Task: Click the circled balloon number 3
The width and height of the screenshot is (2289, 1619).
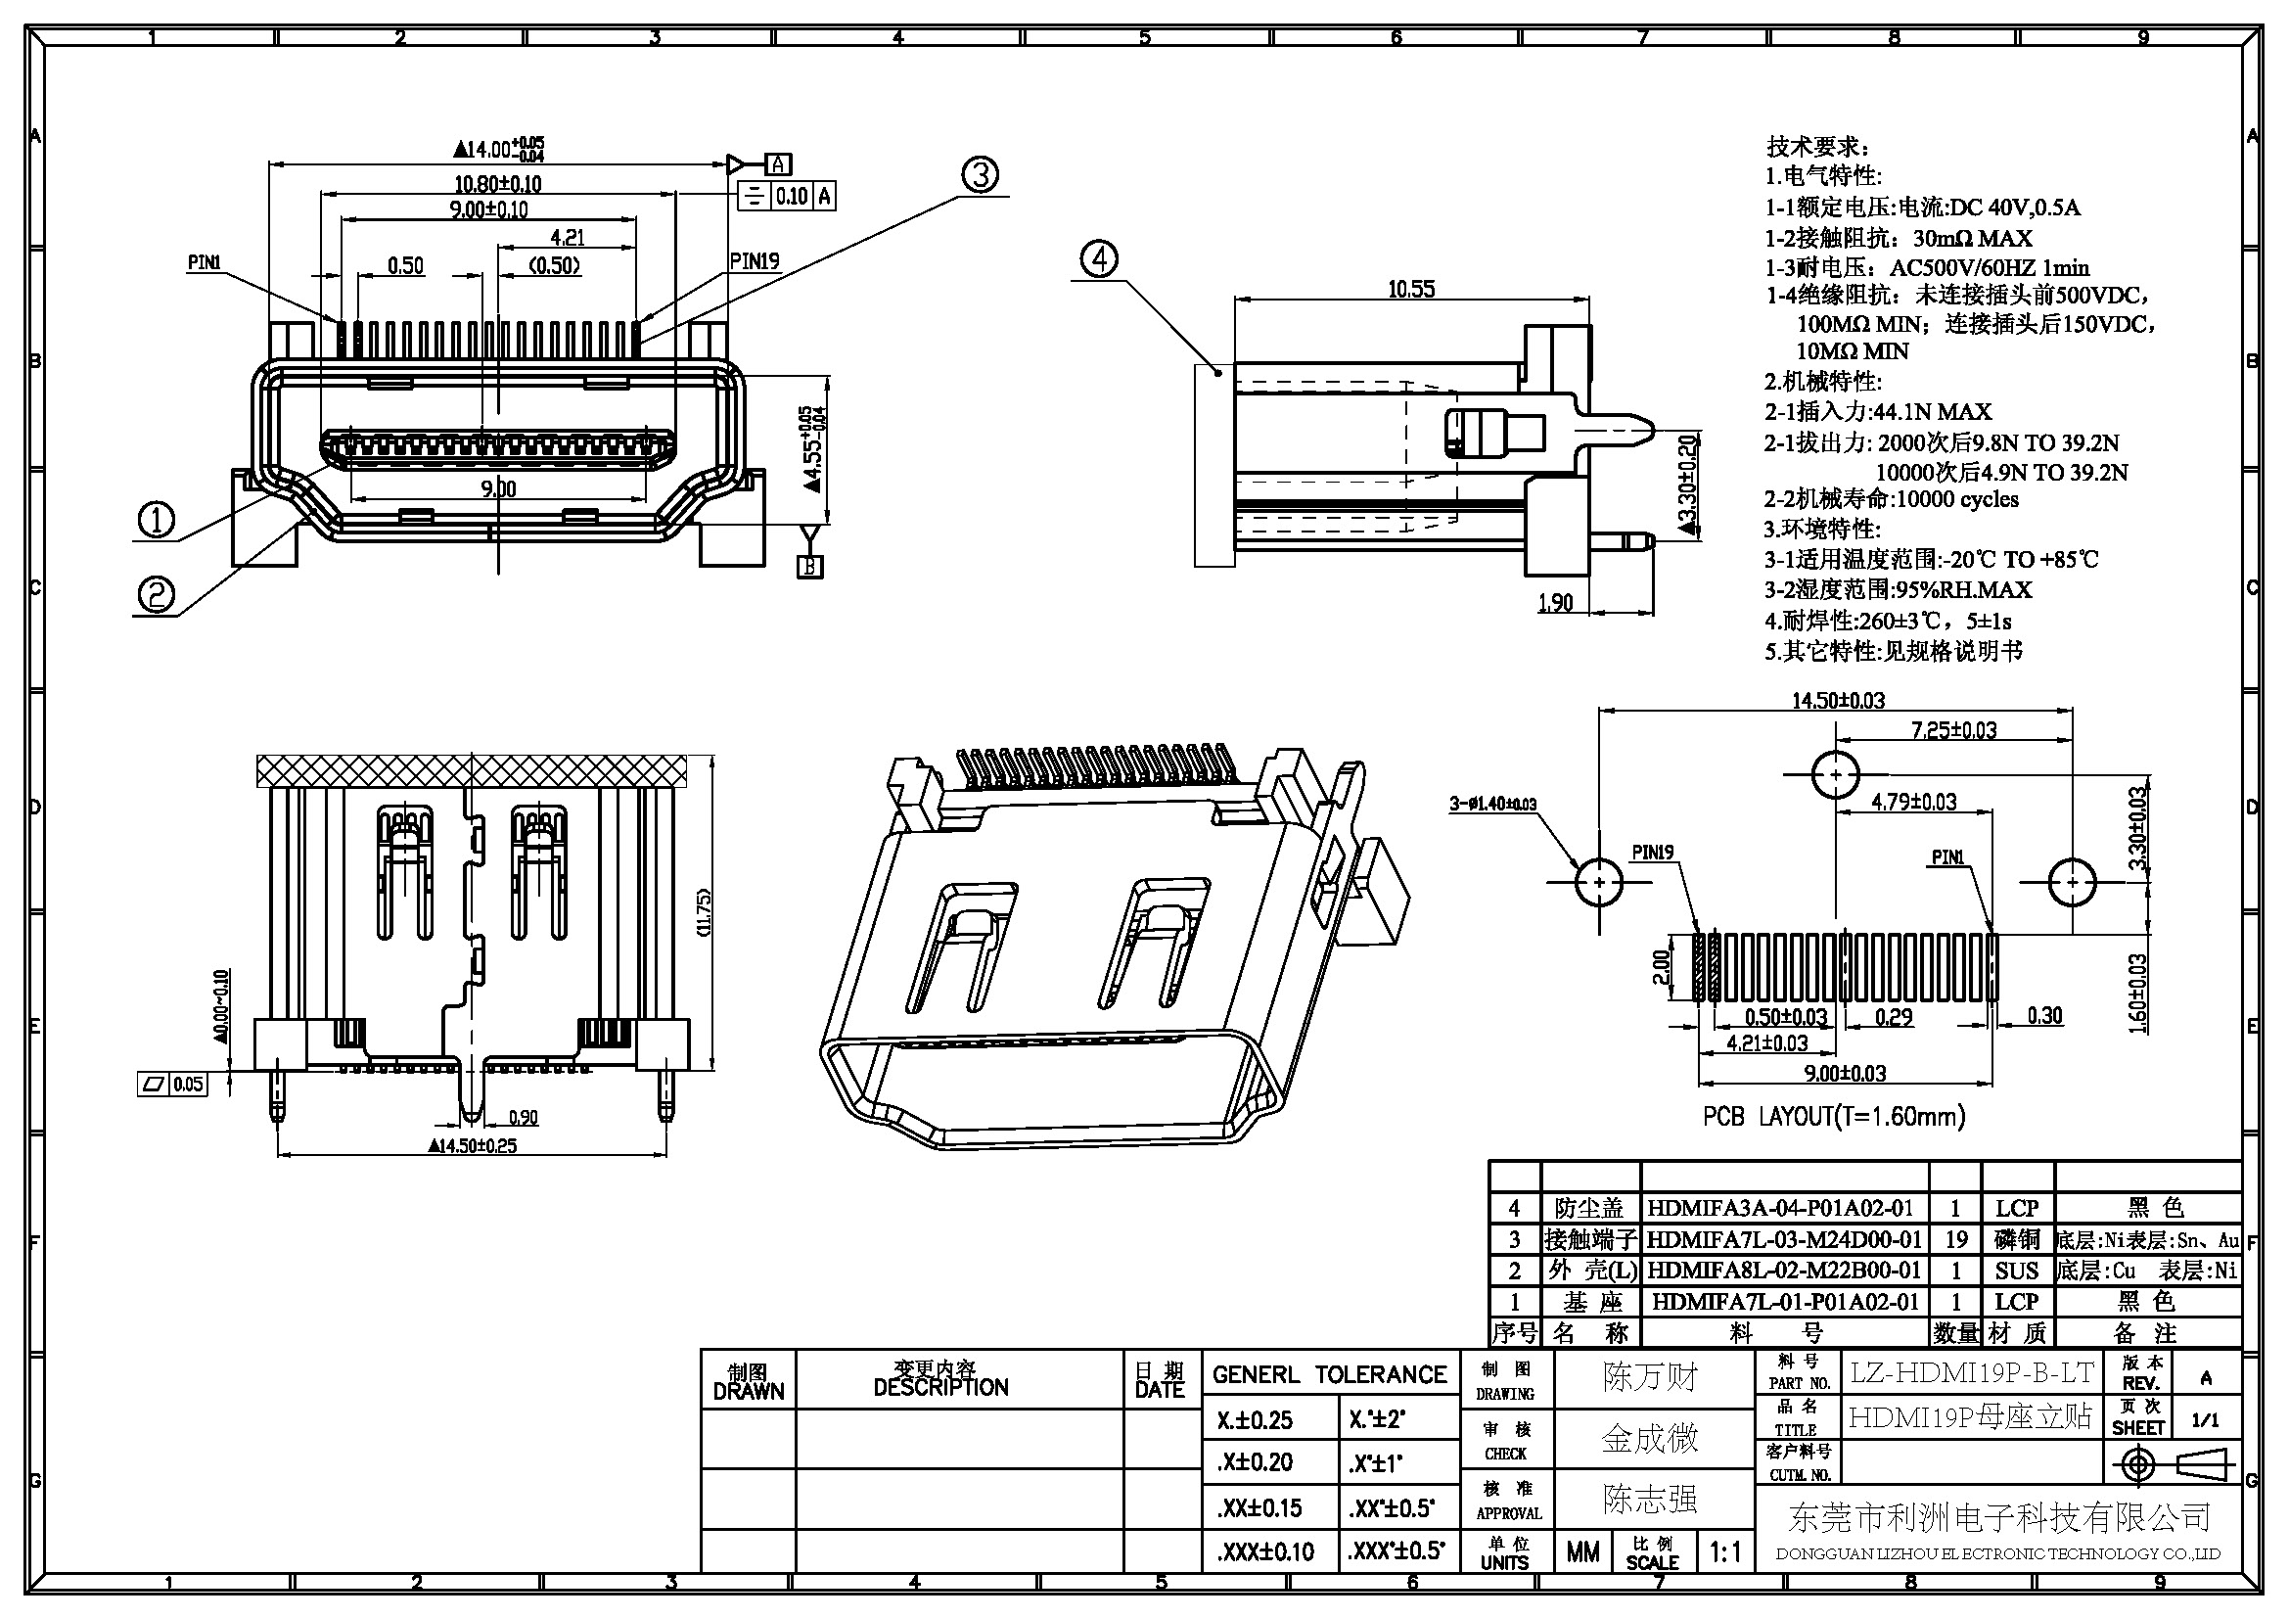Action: tap(979, 175)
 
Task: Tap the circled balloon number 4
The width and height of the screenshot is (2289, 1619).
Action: tap(1099, 260)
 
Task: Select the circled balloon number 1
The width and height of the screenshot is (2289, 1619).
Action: tap(156, 519)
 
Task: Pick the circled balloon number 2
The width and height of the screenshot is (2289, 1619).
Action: tap(156, 595)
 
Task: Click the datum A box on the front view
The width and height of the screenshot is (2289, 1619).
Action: tap(779, 164)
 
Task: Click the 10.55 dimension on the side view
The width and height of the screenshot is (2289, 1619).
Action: tap(1411, 289)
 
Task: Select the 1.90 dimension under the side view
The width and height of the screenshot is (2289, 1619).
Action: tap(1555, 603)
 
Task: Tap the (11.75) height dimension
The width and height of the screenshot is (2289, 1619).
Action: tap(704, 912)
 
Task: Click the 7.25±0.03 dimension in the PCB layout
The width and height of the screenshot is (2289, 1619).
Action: tap(1953, 731)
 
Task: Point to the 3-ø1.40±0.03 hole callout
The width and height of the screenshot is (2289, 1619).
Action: tap(1492, 804)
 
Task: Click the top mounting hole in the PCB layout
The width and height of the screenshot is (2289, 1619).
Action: tap(1835, 774)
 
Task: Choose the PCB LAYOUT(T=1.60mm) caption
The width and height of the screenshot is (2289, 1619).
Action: tap(1833, 1117)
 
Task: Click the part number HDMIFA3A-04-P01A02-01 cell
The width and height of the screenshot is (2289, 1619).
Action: tap(1780, 1208)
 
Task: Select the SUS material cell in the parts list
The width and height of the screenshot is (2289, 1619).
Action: tap(2016, 1272)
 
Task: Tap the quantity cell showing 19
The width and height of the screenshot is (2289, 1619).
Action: tap(1955, 1240)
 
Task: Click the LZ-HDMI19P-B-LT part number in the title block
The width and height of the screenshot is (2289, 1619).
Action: tap(1972, 1373)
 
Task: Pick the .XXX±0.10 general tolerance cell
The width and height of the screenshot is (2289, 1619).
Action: tap(1266, 1551)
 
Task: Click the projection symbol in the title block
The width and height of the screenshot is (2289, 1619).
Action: tap(2173, 1465)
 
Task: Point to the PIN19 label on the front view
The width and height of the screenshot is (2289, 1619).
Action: tap(755, 262)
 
